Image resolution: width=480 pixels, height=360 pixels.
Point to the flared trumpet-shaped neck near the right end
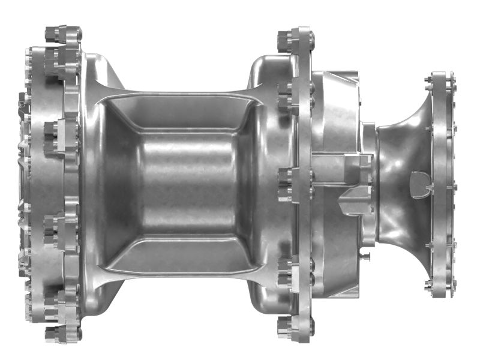pyautogui.click(x=402, y=150)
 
